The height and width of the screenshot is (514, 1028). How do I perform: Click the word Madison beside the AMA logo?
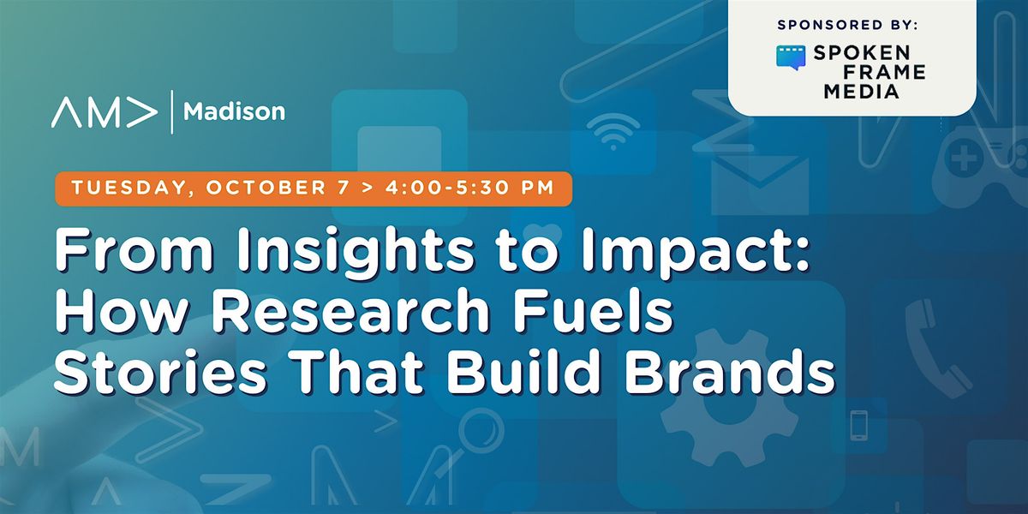pos(234,111)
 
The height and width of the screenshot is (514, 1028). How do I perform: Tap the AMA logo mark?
pos(105,112)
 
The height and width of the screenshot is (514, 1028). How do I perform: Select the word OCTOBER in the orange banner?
pos(266,188)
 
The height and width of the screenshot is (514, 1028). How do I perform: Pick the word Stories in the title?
pos(160,372)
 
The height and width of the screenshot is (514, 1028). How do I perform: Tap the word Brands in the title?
pos(729,372)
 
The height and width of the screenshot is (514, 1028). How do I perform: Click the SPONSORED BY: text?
pos(847,25)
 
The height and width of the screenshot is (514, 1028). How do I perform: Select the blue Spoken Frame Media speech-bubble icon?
pos(791,57)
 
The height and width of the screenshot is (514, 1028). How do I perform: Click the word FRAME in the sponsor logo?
pos(884,73)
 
